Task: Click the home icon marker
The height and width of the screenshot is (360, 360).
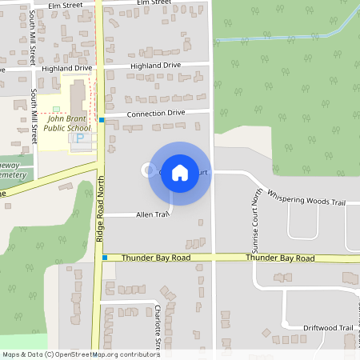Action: pos(180,172)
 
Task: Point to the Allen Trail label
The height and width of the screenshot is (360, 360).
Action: pos(153,214)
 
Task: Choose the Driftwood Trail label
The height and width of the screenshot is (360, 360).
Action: pos(327,328)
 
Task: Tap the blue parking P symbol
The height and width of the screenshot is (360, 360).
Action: pos(79,138)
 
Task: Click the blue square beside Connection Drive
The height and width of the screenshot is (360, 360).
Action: pos(102,120)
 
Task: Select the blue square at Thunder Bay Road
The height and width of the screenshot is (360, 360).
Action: pos(105,258)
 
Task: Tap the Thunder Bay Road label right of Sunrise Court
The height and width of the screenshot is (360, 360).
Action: pos(279,258)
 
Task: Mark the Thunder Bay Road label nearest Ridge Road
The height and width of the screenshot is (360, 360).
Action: pos(156,258)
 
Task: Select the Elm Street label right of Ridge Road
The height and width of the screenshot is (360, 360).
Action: pos(154,3)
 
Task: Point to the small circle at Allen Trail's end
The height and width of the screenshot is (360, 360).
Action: pos(146,170)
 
